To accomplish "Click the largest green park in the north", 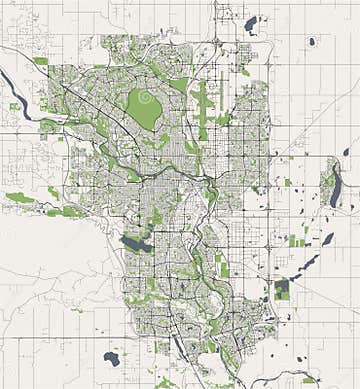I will tap(148, 111).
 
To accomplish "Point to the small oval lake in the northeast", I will tap(312, 42).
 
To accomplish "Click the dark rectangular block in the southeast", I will tap(282, 289).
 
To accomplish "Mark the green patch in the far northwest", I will tap(40, 61).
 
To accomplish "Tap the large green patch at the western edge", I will tap(19, 198).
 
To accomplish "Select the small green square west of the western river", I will tap(14, 105).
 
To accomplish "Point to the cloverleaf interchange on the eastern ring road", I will tap(269, 244).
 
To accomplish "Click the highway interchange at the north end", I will tap(217, 41).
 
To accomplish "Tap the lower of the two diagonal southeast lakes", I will tap(309, 263).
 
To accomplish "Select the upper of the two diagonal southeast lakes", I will tap(327, 240).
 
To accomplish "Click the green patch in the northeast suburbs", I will tap(245, 72).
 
